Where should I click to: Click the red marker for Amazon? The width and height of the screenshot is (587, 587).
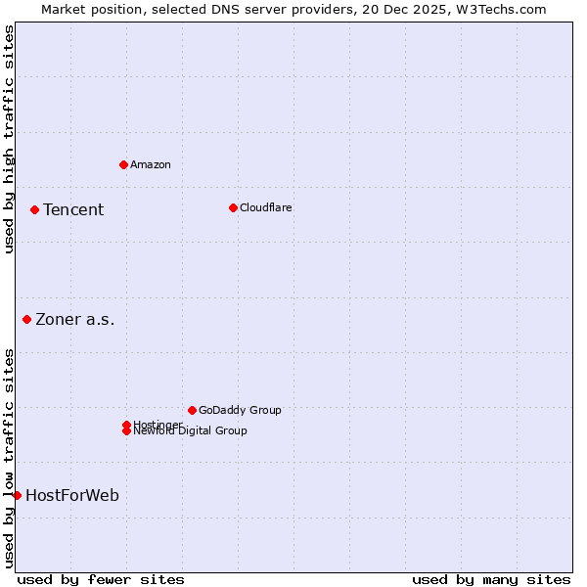pos(123,164)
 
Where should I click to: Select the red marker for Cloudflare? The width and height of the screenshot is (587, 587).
pos(233,207)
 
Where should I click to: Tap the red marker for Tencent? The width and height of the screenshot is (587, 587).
pos(34,209)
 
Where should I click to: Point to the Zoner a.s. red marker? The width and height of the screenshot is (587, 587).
pos(26,319)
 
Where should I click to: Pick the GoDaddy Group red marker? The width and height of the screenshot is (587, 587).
pos(192,410)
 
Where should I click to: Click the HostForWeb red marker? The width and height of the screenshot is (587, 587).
pos(17,495)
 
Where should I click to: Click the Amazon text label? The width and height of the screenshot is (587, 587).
pos(151,164)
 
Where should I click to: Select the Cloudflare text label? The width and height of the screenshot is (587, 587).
pos(266,207)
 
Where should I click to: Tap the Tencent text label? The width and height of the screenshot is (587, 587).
pos(73,209)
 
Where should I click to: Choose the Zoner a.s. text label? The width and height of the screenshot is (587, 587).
pos(75,319)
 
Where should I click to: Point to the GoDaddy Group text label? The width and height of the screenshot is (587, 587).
pos(240,410)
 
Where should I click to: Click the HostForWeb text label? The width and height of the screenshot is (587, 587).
pos(72,495)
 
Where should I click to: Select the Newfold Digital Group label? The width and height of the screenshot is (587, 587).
pos(190,431)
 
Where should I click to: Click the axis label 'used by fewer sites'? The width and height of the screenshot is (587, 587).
pos(101,579)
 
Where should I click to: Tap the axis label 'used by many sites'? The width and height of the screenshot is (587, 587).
pos(491,579)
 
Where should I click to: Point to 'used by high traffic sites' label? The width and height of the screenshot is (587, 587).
pos(9,139)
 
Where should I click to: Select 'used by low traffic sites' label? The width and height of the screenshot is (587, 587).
pos(9,458)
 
